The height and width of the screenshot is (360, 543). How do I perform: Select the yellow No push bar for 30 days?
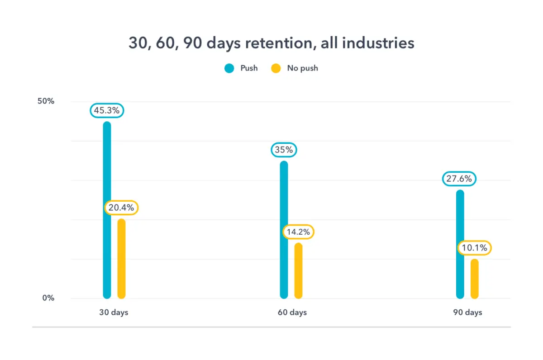pos(121,259)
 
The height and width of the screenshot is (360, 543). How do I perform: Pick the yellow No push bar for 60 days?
pos(298,270)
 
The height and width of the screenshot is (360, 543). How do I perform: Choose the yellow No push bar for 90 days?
pos(474,279)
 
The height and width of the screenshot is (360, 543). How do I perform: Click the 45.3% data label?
pos(107,110)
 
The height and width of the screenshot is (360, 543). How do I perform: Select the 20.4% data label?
pos(121,208)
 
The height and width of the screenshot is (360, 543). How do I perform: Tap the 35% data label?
pos(284,150)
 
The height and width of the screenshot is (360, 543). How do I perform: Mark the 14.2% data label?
pos(298,232)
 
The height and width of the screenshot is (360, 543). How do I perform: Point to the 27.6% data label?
pos(460,179)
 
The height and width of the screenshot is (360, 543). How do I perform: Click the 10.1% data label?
pos(474,248)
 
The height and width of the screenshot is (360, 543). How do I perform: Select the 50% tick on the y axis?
pos(46,101)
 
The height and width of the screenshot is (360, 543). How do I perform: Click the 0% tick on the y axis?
pos(48,298)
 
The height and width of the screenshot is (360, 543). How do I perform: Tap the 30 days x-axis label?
pos(114,313)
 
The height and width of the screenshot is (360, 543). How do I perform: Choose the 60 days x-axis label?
pos(292,313)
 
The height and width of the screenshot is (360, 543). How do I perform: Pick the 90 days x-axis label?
pos(467,313)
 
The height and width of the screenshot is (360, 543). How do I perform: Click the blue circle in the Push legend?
pos(229,68)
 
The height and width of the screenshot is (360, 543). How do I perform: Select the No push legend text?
pos(302,68)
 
